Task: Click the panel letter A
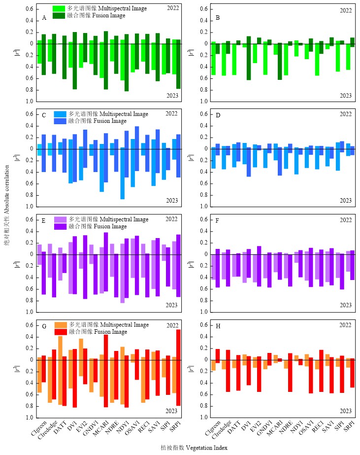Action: pyautogui.click(x=44, y=17)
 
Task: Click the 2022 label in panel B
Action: pyautogui.click(x=346, y=10)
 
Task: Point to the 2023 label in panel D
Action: pyautogui.click(x=346, y=201)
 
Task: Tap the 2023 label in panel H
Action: pyautogui.click(x=346, y=411)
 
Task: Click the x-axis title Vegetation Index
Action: pyautogui.click(x=180, y=448)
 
